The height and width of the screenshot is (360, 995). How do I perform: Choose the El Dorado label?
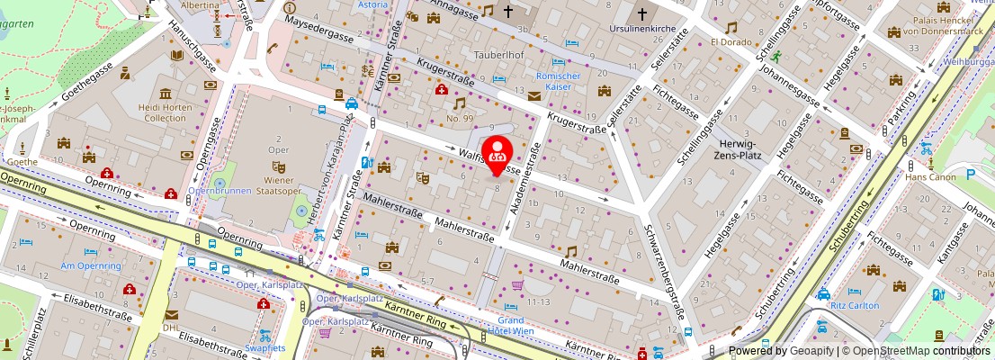(731, 42)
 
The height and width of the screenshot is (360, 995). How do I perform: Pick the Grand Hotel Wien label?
(512, 326)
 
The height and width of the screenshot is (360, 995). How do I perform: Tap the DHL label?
(171, 328)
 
